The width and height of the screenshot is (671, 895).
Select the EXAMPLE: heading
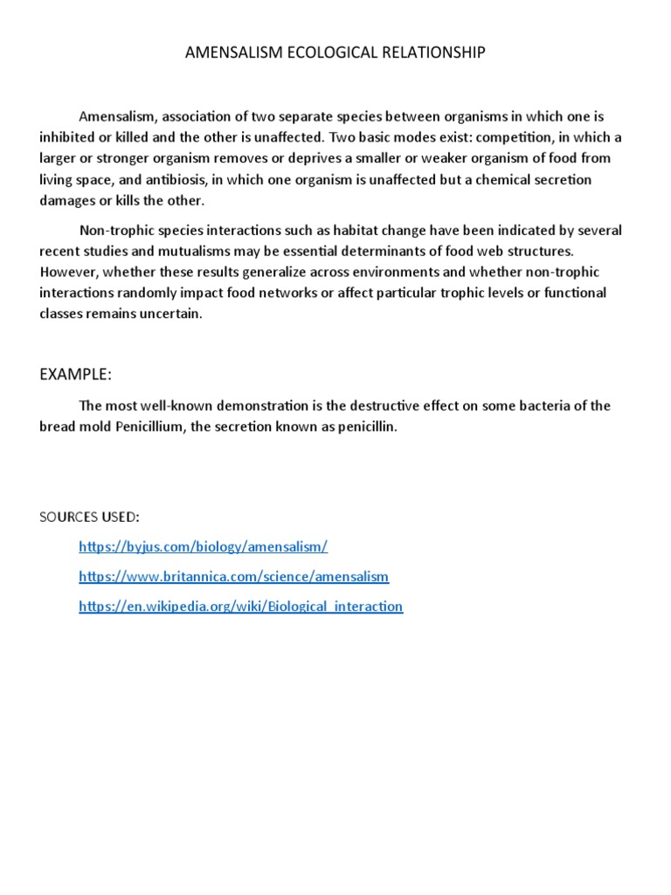point(75,375)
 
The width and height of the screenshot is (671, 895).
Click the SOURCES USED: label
point(89,517)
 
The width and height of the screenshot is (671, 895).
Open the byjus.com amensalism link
point(203,547)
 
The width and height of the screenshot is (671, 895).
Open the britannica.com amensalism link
point(233,577)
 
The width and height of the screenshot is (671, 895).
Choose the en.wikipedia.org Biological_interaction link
point(240,607)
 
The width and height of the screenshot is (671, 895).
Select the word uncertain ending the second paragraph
point(173,314)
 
